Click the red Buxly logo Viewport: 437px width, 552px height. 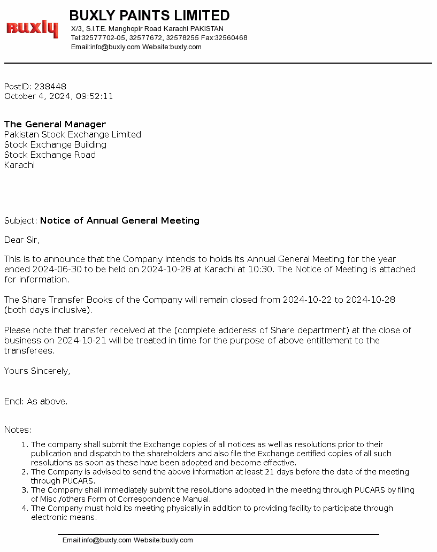tap(32, 28)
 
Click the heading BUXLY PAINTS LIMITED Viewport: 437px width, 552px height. tap(149, 16)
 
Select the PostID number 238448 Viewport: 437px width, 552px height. tap(50, 87)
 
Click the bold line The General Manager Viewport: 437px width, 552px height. tap(55, 125)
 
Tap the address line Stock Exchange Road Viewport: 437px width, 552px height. tap(50, 155)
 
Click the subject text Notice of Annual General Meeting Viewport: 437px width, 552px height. tap(120, 220)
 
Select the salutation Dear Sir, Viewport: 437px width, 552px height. tap(22, 240)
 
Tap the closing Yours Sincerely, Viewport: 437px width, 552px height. tap(37, 371)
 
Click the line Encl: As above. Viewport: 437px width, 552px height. tap(36, 401)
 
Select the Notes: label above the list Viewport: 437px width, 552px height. tap(18, 430)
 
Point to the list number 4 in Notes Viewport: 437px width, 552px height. tap(25, 508)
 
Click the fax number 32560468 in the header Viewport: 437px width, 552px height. tap(231, 38)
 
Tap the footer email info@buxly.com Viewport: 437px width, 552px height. tap(106, 540)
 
